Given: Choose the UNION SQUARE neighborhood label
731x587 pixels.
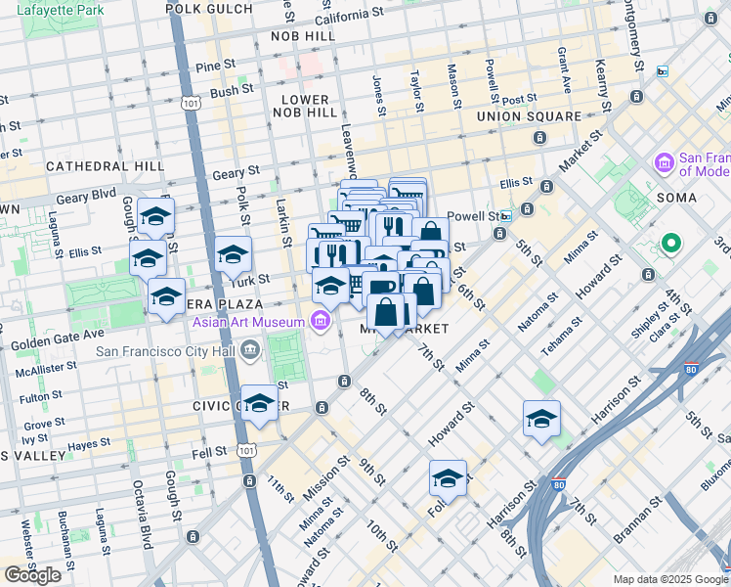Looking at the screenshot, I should pos(529,116).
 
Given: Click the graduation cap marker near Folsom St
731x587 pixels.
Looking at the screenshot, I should pos(448,478).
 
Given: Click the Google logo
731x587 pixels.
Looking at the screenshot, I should pos(33,575).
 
